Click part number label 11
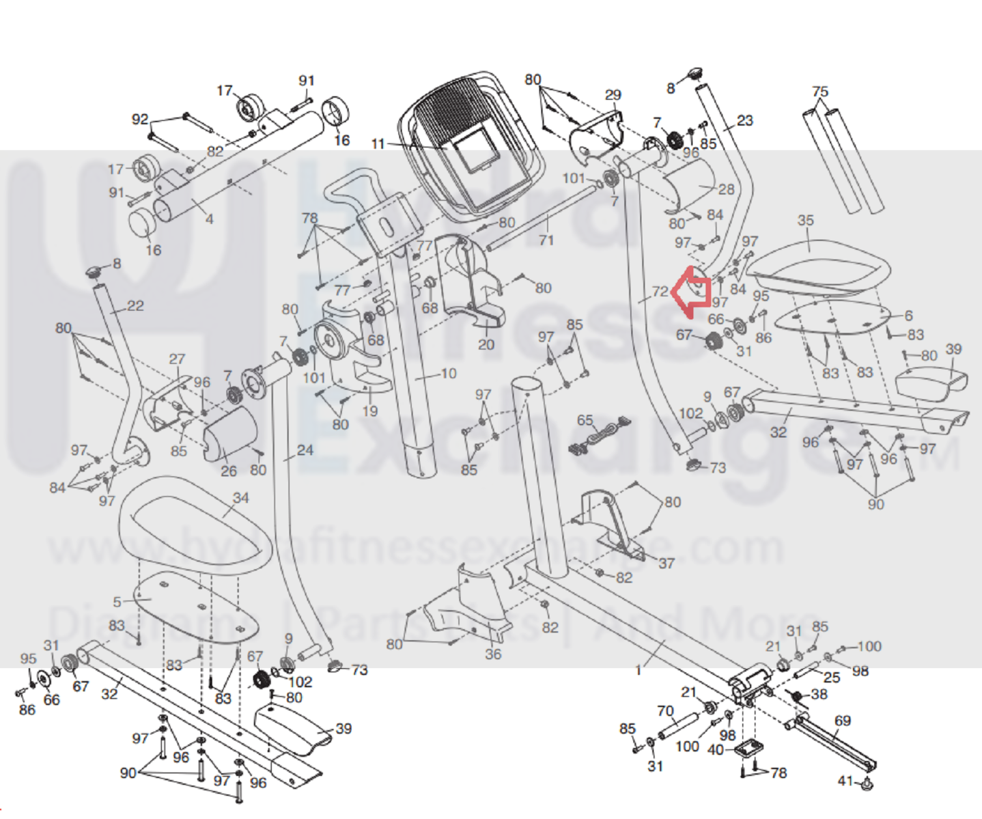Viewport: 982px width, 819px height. (x=378, y=144)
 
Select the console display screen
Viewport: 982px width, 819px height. (x=477, y=151)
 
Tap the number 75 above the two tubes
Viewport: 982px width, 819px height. (x=820, y=92)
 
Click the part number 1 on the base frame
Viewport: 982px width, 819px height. (x=639, y=670)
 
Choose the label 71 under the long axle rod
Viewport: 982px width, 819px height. (x=546, y=240)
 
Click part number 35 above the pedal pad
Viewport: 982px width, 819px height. (x=806, y=220)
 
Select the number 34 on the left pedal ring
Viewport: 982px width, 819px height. (x=240, y=497)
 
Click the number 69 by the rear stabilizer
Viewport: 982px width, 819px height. (x=843, y=721)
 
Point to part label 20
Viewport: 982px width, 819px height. (x=486, y=344)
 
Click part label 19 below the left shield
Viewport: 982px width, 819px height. (x=369, y=411)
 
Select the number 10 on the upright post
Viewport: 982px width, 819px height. (x=448, y=373)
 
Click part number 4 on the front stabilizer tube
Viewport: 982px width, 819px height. (x=209, y=219)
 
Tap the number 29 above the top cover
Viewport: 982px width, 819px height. (x=613, y=95)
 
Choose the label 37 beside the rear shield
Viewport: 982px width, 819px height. (x=666, y=563)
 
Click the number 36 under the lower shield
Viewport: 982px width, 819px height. (x=493, y=654)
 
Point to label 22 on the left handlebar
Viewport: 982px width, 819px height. (x=135, y=305)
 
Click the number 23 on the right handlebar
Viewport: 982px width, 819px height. (x=744, y=121)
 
